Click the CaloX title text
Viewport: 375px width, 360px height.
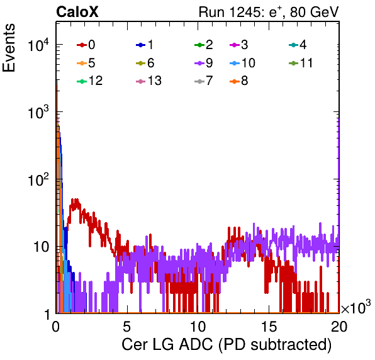pos(77,12)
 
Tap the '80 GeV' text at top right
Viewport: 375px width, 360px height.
pos(314,12)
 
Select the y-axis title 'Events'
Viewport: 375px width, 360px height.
pos(9,48)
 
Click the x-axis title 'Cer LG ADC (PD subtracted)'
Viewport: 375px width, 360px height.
pos(227,345)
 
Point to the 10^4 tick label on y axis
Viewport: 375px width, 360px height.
pos(38,45)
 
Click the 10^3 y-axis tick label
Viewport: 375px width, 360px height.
pos(38,112)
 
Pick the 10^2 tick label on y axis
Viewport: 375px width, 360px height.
pos(38,179)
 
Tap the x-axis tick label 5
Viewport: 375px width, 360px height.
pos(126,326)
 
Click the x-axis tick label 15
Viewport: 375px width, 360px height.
pos(269,326)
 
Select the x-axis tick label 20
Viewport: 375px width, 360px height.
pos(339,326)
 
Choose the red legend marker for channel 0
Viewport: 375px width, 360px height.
pos(82,45)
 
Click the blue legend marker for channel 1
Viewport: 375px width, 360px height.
pos(141,45)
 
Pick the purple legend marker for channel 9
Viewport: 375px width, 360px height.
pos(199,64)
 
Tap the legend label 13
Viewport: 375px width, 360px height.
pos(155,81)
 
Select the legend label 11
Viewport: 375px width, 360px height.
pos(306,63)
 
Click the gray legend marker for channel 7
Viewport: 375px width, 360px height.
pos(199,82)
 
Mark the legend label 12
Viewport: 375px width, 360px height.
pos(96,81)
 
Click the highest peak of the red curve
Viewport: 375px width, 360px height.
pos(76,199)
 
